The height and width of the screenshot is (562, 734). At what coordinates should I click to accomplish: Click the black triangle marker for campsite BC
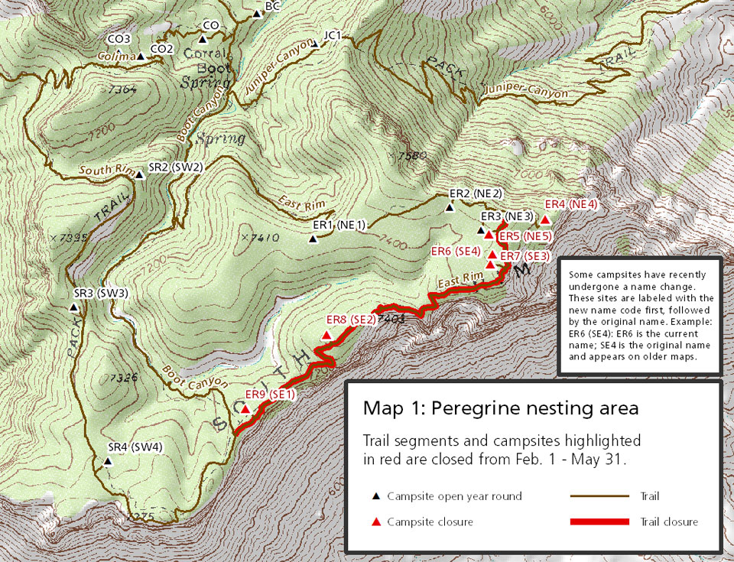(256, 13)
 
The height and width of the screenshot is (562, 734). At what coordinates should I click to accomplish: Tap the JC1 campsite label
(333, 35)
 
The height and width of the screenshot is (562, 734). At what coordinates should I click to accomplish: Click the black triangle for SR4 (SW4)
(107, 462)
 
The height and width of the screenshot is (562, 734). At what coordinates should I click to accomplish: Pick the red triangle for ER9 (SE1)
(245, 409)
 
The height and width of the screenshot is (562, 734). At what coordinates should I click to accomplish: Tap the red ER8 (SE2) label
(350, 320)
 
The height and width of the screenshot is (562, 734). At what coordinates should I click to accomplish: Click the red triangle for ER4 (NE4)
(545, 220)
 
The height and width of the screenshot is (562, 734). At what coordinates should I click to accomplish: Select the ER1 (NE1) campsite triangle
(313, 239)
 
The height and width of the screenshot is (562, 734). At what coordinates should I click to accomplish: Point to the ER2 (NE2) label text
(475, 193)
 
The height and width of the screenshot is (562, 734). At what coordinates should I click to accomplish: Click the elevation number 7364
(122, 89)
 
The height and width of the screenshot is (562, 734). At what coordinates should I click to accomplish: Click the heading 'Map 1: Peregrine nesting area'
(500, 408)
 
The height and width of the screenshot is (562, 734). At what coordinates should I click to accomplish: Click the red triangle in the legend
(375, 522)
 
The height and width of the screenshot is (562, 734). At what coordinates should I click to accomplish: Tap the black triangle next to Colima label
(141, 56)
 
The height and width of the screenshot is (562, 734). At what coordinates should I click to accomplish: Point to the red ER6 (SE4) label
(456, 251)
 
